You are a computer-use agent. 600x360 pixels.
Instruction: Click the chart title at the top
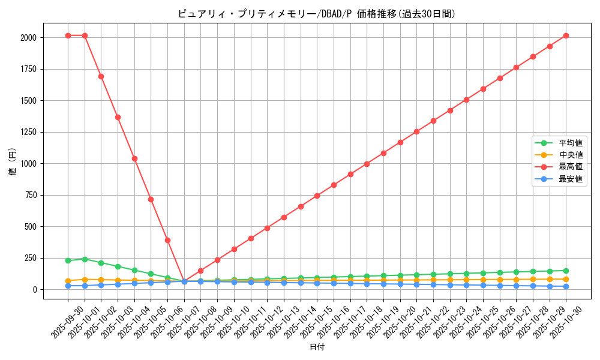coord(316,14)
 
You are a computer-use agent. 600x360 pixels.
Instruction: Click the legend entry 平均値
coord(571,143)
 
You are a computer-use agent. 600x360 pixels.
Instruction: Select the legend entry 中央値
coord(571,155)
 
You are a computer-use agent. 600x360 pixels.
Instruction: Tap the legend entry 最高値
coord(571,167)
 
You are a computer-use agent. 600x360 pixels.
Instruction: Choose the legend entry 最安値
coord(571,179)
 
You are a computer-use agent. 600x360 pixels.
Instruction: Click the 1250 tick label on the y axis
coord(28,132)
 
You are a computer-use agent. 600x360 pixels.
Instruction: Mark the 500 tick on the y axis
coord(31,227)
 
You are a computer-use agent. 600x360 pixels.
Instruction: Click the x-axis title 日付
coord(316,347)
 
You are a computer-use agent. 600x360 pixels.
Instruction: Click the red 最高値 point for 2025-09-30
coord(68,35)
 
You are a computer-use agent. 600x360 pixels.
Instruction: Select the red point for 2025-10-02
coord(101,76)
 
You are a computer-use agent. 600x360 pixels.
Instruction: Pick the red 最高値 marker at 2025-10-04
coord(134,158)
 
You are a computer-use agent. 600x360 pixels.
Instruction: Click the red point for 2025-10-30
coord(566,35)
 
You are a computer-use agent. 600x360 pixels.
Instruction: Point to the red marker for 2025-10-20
coord(400,142)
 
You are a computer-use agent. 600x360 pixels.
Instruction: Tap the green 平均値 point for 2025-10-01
coord(85,259)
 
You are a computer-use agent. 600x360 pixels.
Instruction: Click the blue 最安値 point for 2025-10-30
coord(566,286)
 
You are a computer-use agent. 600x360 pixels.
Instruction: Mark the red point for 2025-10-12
coord(267,228)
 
